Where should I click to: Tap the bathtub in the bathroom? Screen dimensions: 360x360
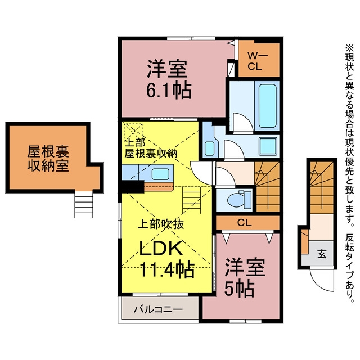tap(267, 106)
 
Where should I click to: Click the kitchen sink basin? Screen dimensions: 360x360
tap(160, 174)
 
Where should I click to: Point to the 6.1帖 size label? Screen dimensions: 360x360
tap(169, 91)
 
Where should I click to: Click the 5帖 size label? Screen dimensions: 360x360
tap(239, 289)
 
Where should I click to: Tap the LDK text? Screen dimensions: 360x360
tap(161, 248)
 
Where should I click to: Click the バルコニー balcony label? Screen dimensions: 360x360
tap(159, 309)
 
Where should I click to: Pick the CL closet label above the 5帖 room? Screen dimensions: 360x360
tap(244, 223)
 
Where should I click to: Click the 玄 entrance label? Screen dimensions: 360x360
tap(322, 254)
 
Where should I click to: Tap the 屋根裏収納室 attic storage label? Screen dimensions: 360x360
tap(48, 159)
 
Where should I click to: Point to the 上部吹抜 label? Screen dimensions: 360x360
tap(161, 224)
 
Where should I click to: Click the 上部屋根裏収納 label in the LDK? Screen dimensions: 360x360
tap(150, 148)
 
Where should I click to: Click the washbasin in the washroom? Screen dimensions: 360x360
tap(209, 148)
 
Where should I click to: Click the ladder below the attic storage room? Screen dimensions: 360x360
tap(84, 204)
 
